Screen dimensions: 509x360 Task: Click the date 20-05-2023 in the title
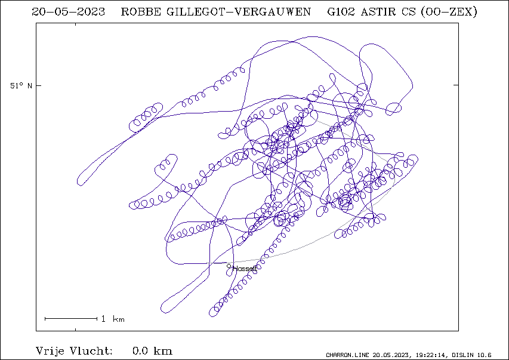point(68,12)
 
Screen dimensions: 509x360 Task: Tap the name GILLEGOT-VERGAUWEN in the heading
point(239,12)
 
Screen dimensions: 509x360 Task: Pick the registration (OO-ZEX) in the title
point(449,12)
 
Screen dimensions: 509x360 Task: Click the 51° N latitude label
point(21,86)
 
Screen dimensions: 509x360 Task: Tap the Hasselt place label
point(245,269)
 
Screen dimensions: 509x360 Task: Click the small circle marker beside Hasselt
point(229,266)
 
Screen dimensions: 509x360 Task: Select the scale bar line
point(71,319)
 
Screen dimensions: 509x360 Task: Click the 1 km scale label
point(113,319)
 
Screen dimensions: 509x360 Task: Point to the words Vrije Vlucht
point(74,351)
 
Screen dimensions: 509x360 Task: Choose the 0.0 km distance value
point(152,351)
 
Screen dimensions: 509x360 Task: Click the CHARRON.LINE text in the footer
point(347,355)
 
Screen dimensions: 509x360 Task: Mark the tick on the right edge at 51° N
point(456,85)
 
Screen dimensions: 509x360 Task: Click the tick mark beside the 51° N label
point(39,85)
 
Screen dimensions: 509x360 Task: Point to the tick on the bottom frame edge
point(76,330)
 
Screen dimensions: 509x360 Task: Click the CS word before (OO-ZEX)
point(408,12)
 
